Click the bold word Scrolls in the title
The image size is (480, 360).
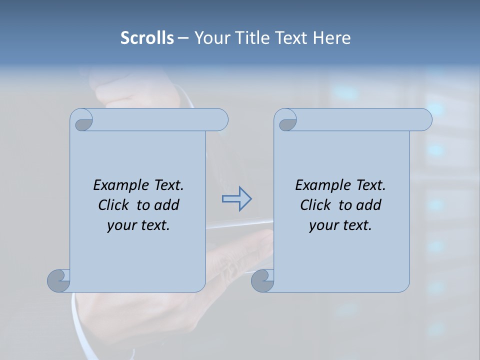[x=147, y=37]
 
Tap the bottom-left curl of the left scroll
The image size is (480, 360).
[x=58, y=280]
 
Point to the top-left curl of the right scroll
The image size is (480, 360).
[x=287, y=121]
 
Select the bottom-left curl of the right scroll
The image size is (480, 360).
[x=262, y=280]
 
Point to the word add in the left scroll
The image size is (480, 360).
[x=167, y=205]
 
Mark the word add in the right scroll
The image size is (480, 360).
[x=369, y=205]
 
